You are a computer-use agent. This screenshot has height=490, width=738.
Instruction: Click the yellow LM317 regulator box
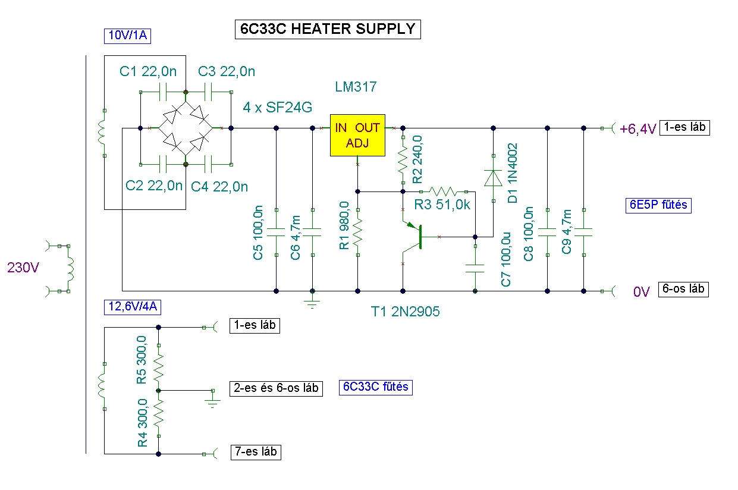[357, 135]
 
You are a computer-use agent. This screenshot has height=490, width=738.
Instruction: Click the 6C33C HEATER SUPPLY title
[328, 29]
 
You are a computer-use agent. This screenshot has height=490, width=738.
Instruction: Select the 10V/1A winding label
[127, 36]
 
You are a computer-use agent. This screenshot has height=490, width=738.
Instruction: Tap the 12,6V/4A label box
[133, 307]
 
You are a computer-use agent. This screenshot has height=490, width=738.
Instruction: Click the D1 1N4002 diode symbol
[493, 178]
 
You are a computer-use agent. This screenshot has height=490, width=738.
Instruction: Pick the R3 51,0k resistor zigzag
[444, 191]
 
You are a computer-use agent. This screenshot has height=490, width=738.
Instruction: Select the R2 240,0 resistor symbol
[403, 160]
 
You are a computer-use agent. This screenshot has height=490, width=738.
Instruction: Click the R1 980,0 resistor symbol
[358, 233]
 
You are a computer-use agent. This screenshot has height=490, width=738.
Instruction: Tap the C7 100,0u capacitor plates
[475, 268]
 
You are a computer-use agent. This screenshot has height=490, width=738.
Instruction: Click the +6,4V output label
[637, 129]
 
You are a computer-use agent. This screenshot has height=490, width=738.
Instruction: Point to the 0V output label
[642, 291]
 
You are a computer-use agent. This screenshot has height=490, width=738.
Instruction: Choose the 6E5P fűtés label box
[658, 205]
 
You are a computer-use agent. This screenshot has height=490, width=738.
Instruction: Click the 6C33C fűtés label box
[376, 387]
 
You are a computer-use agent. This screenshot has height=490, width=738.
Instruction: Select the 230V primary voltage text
[23, 268]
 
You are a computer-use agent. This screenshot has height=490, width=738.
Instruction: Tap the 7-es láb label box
[256, 452]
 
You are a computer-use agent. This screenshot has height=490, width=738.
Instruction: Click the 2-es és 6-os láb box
[276, 388]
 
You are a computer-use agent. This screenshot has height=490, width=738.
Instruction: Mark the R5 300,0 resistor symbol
[159, 367]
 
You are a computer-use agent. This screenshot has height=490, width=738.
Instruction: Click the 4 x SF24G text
[277, 108]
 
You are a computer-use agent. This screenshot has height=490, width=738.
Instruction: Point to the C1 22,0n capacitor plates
[163, 92]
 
